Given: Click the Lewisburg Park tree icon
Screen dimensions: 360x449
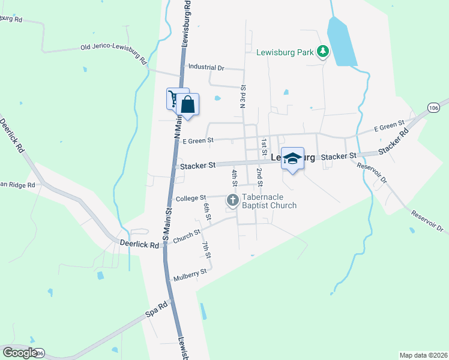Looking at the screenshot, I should [323, 52].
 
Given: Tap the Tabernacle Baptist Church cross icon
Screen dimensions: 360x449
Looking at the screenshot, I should [232, 199].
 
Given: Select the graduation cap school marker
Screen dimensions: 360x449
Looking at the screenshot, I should [292, 158].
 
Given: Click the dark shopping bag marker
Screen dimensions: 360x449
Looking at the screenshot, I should [188, 104].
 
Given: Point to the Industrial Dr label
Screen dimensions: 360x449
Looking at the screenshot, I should [206, 67].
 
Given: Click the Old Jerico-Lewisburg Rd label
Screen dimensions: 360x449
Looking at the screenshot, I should [113, 53].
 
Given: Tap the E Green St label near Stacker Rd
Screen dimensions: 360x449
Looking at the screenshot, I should [390, 127].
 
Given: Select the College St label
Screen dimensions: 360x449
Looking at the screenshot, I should [190, 197].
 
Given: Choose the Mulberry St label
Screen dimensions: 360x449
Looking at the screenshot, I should [190, 275].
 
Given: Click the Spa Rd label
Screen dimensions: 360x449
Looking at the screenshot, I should [155, 313].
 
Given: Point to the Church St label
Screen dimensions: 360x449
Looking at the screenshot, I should [186, 236].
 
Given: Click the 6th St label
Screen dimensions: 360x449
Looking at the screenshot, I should [206, 211].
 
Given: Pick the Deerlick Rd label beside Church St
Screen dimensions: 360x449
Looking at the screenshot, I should [139, 245].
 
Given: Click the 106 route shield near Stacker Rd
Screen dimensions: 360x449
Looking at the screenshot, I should [434, 107].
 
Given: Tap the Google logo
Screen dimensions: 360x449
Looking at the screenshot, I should [20, 352].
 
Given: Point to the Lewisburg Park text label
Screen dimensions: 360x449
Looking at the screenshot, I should [285, 52].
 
